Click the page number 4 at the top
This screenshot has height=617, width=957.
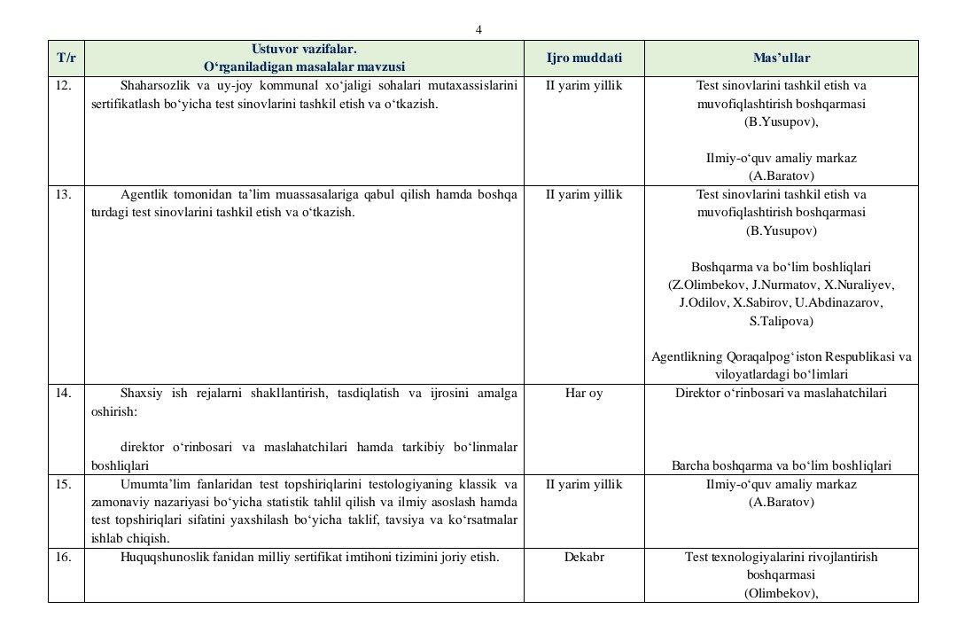click(478, 29)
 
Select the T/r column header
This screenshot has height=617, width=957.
click(66, 59)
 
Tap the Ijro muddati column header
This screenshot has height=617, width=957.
click(584, 59)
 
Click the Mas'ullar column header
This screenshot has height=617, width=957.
click(781, 59)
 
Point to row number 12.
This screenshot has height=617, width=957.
click(63, 86)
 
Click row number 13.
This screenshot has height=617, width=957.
click(63, 194)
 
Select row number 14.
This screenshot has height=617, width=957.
click(63, 393)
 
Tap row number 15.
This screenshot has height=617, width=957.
click(63, 485)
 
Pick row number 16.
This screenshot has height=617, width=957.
click(63, 558)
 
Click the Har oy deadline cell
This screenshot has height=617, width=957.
click(584, 393)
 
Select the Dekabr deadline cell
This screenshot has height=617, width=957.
click(584, 558)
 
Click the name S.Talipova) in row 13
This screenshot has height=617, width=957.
click(781, 321)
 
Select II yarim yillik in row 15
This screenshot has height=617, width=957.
click(584, 485)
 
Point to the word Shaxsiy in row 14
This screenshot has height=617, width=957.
click(141, 393)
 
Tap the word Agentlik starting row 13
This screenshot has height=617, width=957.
click(144, 194)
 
